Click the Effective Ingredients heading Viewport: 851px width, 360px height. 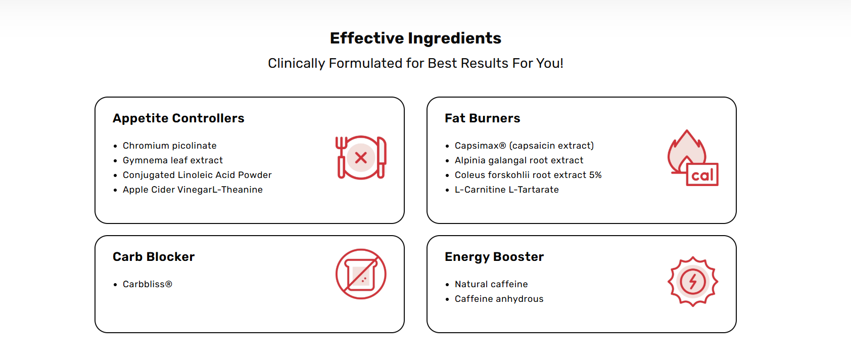pyautogui.click(x=415, y=38)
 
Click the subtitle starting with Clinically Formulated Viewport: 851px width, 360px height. pyautogui.click(x=415, y=63)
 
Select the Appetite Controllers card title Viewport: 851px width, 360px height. pyautogui.click(x=178, y=118)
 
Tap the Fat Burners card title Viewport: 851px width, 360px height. pyautogui.click(x=483, y=118)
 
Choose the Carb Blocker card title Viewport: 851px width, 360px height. pyautogui.click(x=154, y=256)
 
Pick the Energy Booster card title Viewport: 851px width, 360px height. pyautogui.click(x=494, y=257)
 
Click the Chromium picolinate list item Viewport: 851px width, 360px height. pyautogui.click(x=169, y=146)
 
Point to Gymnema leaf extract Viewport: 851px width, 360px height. pyautogui.click(x=172, y=160)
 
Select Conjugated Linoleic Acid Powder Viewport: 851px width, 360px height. pyautogui.click(x=197, y=175)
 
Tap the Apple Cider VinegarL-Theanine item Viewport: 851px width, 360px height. pyautogui.click(x=193, y=190)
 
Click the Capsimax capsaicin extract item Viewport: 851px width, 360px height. pyautogui.click(x=524, y=146)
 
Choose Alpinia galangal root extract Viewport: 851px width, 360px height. pyautogui.click(x=519, y=160)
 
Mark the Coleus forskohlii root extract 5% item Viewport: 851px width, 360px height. pyautogui.click(x=528, y=175)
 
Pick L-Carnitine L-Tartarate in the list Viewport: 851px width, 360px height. pyautogui.click(x=507, y=190)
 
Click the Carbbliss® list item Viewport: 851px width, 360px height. pyautogui.click(x=148, y=284)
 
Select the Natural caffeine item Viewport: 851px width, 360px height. pyautogui.click(x=491, y=284)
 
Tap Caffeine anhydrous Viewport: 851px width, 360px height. pyautogui.click(x=499, y=299)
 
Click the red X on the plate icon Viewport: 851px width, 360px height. pyautogui.click(x=361, y=157)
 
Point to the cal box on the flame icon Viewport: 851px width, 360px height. pyautogui.click(x=702, y=175)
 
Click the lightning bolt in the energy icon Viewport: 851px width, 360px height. pyautogui.click(x=693, y=282)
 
